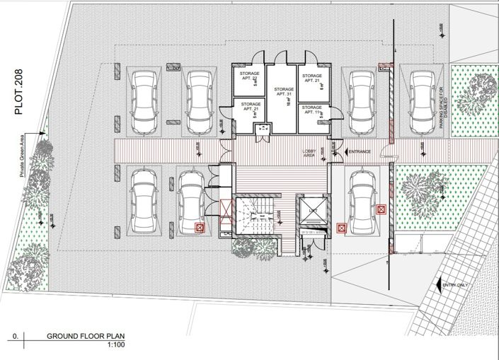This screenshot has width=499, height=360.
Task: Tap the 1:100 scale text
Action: [x=115, y=345]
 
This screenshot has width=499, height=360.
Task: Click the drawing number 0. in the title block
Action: [x=14, y=337]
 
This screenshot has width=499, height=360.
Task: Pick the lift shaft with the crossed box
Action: [x=311, y=212]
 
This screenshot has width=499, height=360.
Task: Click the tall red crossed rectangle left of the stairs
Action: [x=226, y=211]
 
